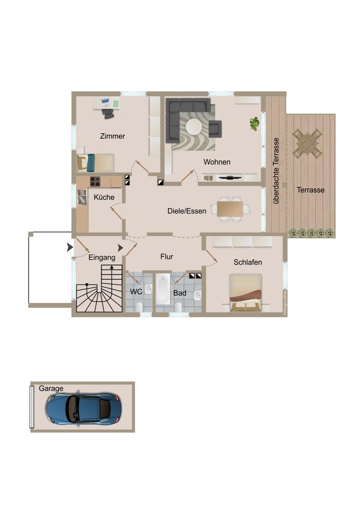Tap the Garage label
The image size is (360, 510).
click(x=51, y=389)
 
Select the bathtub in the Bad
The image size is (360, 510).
click(x=163, y=289)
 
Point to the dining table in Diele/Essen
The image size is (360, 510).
click(x=230, y=209)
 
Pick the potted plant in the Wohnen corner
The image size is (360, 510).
click(x=254, y=123)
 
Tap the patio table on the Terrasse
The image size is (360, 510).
click(x=307, y=143)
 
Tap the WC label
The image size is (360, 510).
click(x=136, y=292)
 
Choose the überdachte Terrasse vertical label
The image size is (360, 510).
click(x=276, y=170)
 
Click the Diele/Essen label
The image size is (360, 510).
click(x=187, y=211)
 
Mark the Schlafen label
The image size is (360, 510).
click(x=248, y=262)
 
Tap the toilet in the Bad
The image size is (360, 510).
click(x=178, y=307)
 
